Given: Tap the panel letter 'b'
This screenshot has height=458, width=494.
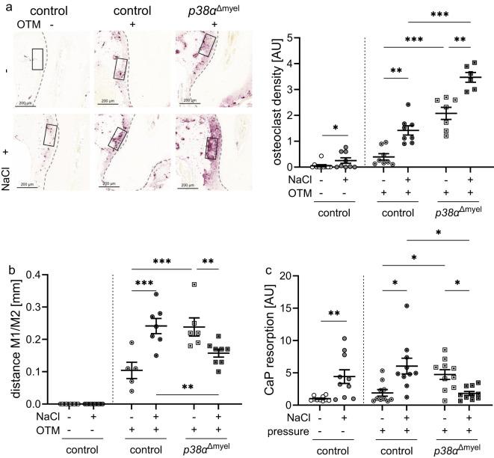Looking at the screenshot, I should tap(5, 243).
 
